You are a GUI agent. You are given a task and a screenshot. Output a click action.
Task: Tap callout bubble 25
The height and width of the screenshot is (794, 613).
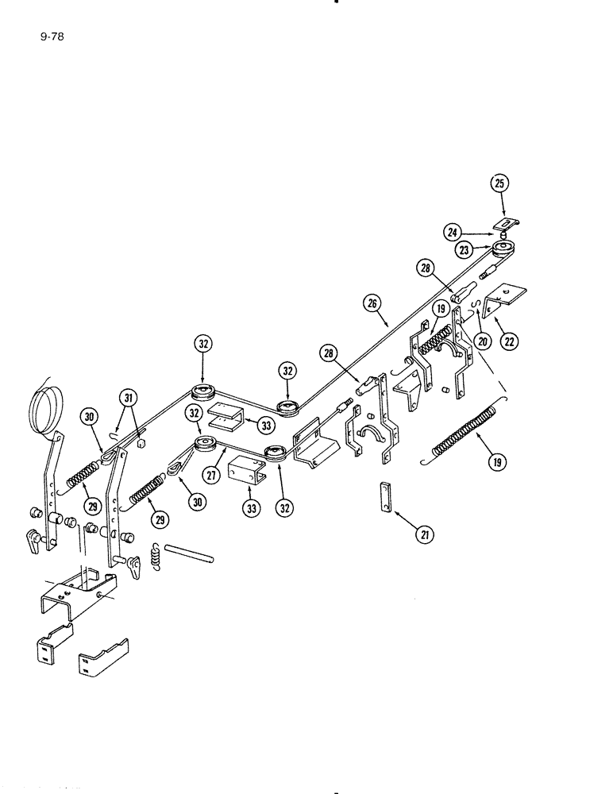[x=499, y=183]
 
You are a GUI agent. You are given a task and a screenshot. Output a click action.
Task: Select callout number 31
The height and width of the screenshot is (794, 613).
[x=127, y=397]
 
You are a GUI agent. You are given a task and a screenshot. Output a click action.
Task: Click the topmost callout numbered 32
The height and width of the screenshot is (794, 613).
[x=203, y=344]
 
